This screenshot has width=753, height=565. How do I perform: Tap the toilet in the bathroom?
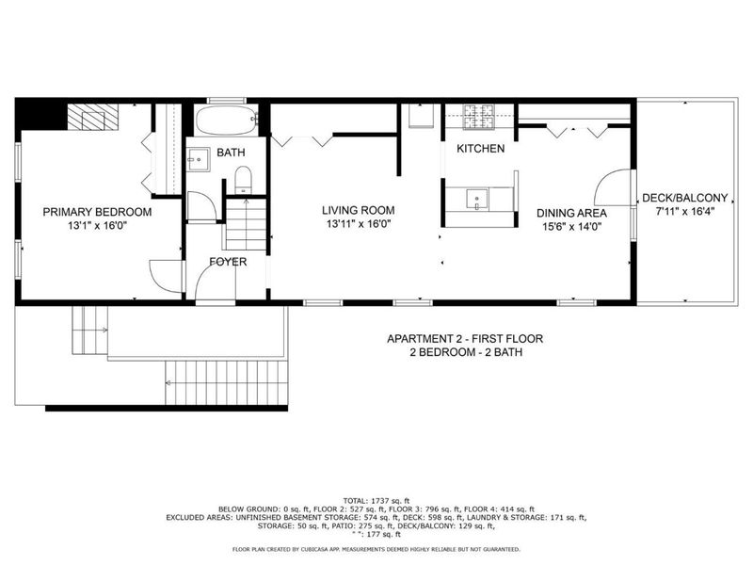click(x=243, y=179)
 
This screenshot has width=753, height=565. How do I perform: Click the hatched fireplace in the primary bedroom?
click(x=92, y=118)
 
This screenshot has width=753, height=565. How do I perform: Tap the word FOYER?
click(x=228, y=262)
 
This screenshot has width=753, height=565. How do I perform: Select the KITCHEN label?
click(x=480, y=149)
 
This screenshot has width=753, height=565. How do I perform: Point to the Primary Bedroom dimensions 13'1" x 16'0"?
click(x=97, y=226)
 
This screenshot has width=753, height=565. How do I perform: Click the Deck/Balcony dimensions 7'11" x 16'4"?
click(x=684, y=211)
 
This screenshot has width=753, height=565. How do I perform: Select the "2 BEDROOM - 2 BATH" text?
click(x=465, y=352)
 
